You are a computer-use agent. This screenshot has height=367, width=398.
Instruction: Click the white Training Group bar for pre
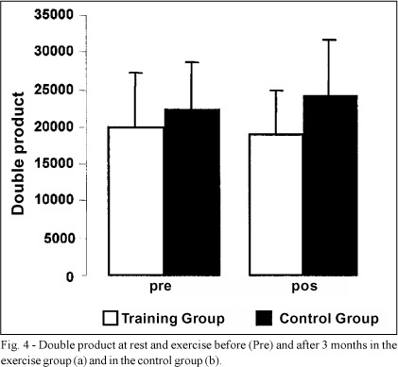tap(136, 201)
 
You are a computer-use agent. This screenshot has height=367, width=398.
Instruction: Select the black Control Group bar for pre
tap(192, 192)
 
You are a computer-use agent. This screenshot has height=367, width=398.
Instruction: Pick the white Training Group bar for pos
tap(276, 205)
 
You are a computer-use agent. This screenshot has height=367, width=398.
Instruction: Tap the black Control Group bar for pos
tap(330, 186)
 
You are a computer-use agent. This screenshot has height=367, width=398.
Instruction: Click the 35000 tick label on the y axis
tap(54, 15)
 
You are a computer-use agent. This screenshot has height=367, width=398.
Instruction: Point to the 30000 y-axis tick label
tap(54, 51)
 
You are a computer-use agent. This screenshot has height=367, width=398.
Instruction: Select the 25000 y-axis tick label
tap(54, 90)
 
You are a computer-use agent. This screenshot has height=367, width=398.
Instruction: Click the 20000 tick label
tap(54, 126)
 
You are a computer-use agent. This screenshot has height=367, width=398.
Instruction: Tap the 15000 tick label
tap(54, 163)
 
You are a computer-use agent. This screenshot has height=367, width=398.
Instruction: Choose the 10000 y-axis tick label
tap(54, 200)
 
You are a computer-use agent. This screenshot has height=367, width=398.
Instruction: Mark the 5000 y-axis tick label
tap(59, 238)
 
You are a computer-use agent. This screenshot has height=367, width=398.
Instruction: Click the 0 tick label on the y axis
tap(70, 276)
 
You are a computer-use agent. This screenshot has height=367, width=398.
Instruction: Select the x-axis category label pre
tap(161, 287)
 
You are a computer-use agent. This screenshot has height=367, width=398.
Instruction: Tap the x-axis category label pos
tap(304, 287)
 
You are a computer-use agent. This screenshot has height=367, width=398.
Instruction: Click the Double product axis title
tap(18, 154)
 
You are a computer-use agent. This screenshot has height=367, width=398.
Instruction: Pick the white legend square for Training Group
tap(111, 318)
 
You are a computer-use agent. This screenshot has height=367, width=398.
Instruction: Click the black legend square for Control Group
tap(264, 318)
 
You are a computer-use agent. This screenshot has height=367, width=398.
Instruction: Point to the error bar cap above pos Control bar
tap(328, 40)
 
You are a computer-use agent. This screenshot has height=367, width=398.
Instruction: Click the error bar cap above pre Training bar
tap(135, 73)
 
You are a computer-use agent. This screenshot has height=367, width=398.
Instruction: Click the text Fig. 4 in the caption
tap(16, 345)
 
